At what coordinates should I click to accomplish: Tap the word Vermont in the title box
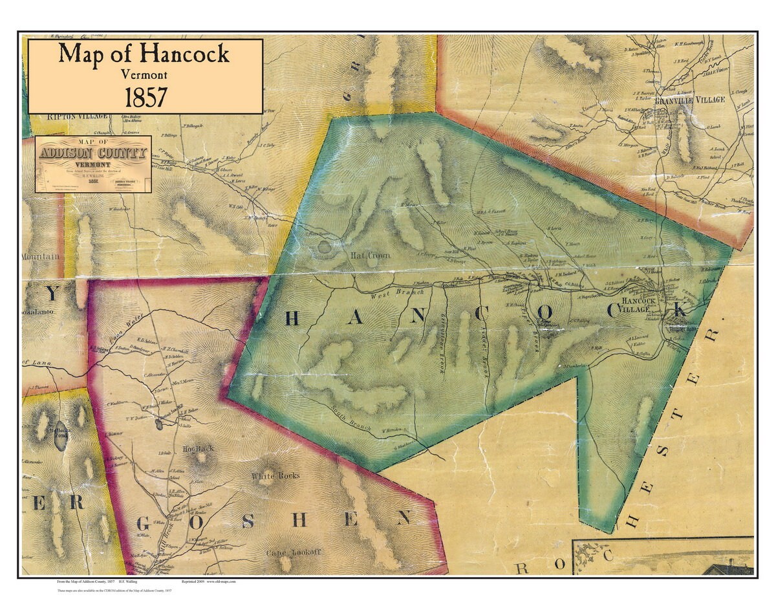coord(144,74)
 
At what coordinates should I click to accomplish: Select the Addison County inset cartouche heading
coord(93,153)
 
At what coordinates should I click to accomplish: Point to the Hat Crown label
coord(371,256)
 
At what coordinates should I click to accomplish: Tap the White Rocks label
coord(275,476)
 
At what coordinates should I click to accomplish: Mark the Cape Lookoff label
coord(294,553)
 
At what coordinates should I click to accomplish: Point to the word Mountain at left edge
coord(40,257)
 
